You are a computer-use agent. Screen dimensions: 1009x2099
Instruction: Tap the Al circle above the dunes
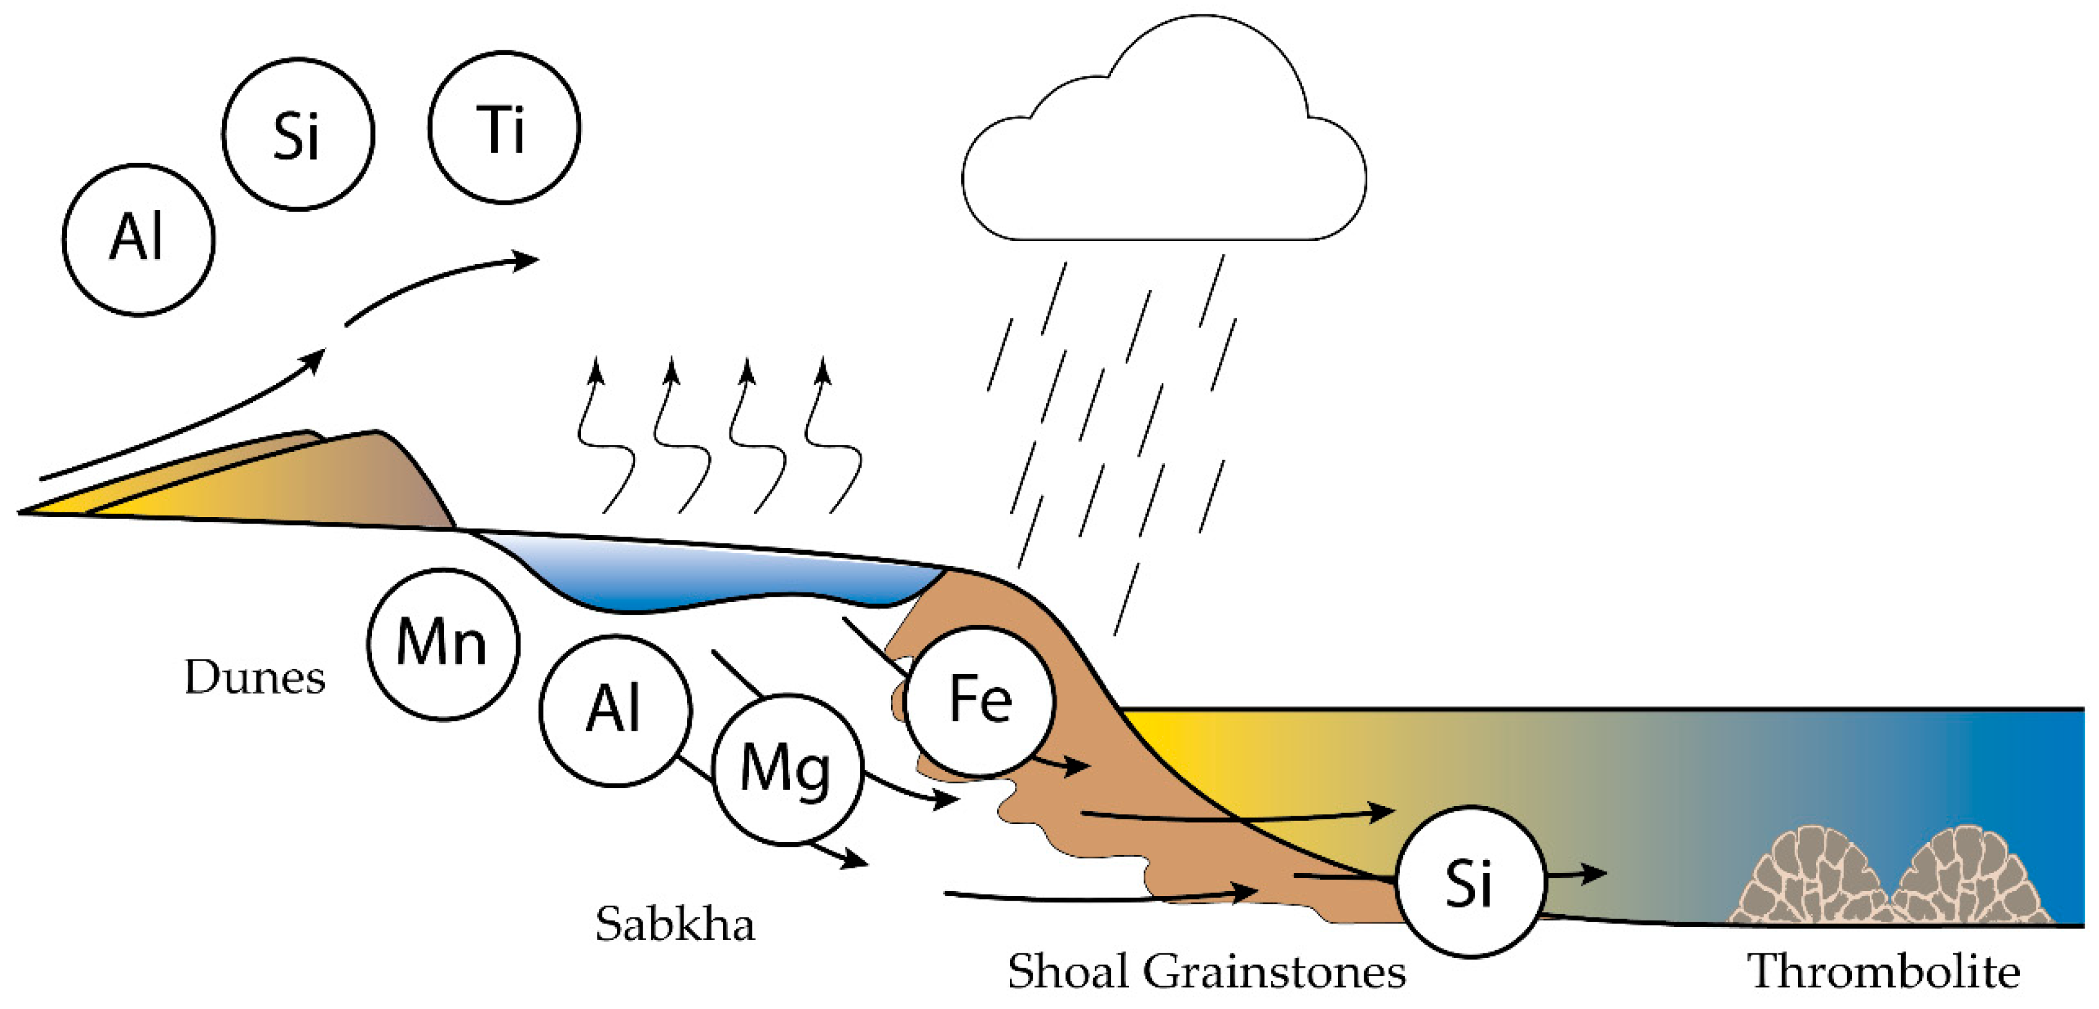tap(139, 239)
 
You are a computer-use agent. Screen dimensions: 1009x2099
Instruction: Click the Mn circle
tap(442, 644)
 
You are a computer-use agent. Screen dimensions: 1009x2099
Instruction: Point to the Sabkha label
tap(675, 924)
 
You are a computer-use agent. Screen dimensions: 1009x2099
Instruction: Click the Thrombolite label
tap(1883, 971)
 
